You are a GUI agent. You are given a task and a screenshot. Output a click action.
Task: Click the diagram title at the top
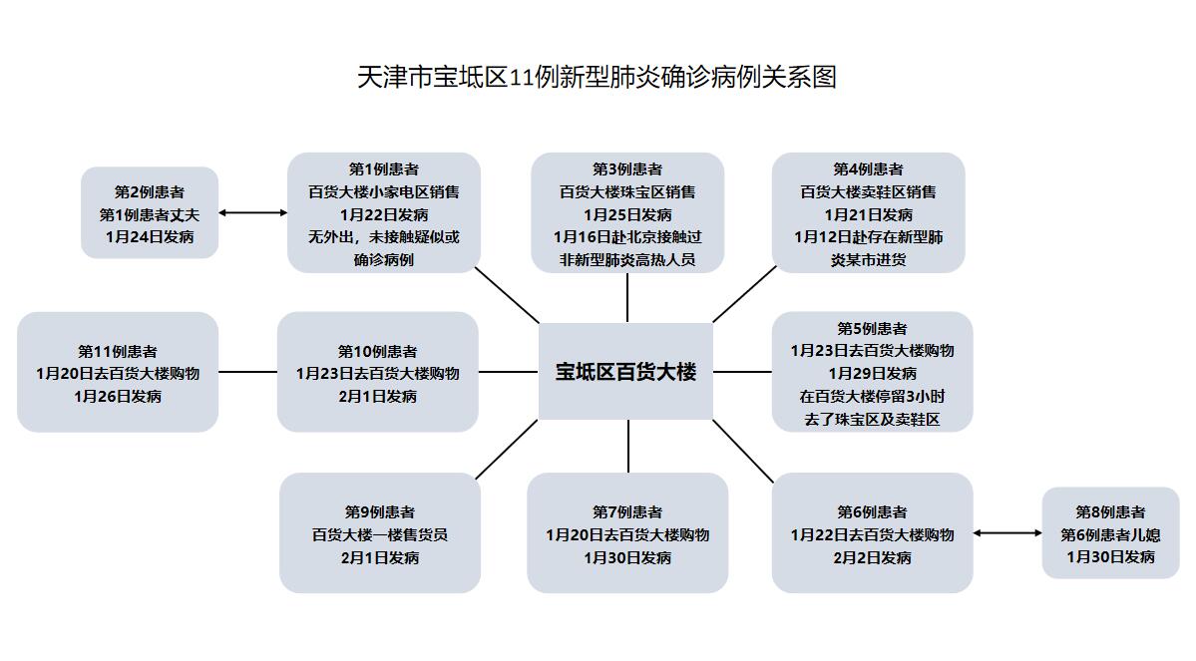pyautogui.click(x=597, y=77)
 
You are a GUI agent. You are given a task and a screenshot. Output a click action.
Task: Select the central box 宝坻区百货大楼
pyautogui.click(x=625, y=372)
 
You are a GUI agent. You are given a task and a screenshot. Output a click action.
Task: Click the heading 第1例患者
pyautogui.click(x=383, y=169)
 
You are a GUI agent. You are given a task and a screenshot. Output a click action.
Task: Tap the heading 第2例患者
pyautogui.click(x=150, y=191)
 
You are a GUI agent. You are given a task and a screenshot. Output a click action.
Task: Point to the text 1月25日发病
pyautogui.click(x=627, y=214)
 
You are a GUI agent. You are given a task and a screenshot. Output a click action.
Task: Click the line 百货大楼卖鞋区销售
pyautogui.click(x=868, y=191)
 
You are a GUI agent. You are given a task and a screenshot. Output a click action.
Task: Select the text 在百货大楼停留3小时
pyautogui.click(x=872, y=396)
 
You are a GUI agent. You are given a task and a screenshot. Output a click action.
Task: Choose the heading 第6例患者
pyautogui.click(x=872, y=511)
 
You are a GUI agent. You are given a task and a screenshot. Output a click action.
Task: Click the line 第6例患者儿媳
pyautogui.click(x=1110, y=534)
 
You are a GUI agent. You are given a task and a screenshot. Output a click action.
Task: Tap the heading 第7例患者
pyautogui.click(x=627, y=511)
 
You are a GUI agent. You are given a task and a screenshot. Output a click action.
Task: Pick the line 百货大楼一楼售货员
pyautogui.click(x=379, y=534)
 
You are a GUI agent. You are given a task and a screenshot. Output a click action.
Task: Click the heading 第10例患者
pyautogui.click(x=377, y=351)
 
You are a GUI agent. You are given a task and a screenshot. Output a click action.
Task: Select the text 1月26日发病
pyautogui.click(x=118, y=396)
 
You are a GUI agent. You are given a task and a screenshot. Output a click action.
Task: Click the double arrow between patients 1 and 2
pyautogui.click(x=252, y=212)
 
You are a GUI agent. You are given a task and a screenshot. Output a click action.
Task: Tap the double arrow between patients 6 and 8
pyautogui.click(x=1007, y=533)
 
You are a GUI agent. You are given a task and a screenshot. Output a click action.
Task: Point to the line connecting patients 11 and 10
pyautogui.click(x=247, y=372)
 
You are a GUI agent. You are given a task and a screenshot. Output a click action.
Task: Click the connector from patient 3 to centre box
pyautogui.click(x=627, y=297)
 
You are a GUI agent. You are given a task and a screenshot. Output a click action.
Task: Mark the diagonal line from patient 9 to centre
pyautogui.click(x=507, y=450)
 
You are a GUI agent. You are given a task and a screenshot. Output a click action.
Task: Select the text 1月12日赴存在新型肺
pyautogui.click(x=868, y=237)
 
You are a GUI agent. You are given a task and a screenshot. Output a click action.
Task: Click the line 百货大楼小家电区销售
pyautogui.click(x=383, y=191)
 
